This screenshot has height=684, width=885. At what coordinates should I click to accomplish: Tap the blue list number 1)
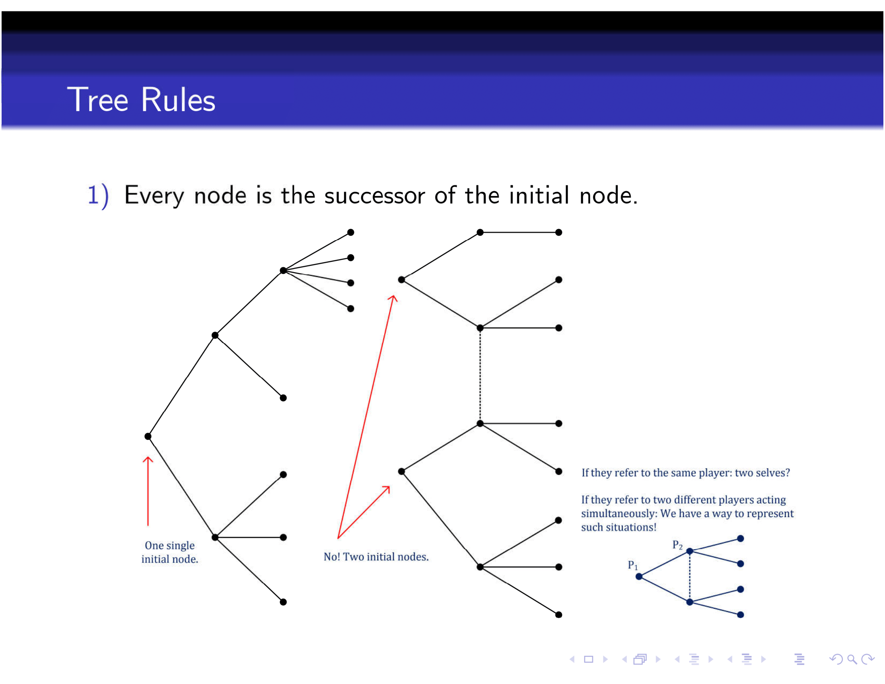(x=98, y=195)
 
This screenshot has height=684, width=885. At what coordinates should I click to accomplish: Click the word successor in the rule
(x=375, y=196)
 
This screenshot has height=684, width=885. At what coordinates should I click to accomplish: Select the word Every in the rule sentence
(x=154, y=196)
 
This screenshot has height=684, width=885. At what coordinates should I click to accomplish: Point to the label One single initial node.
(x=170, y=552)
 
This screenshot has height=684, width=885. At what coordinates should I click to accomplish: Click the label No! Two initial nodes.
(x=376, y=557)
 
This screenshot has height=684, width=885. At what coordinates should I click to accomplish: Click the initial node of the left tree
(x=148, y=437)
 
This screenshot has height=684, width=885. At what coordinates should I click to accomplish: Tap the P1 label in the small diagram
(x=632, y=565)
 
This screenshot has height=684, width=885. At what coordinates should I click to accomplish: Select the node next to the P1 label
(x=639, y=577)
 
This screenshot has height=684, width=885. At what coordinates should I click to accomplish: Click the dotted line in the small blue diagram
(x=689, y=577)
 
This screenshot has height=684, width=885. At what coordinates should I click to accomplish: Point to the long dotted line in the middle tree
(x=480, y=376)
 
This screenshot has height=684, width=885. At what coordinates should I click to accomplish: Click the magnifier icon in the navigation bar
(x=852, y=660)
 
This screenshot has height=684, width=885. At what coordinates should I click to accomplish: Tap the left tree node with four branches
(x=283, y=270)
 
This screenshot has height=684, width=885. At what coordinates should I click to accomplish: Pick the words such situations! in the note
(x=618, y=527)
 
